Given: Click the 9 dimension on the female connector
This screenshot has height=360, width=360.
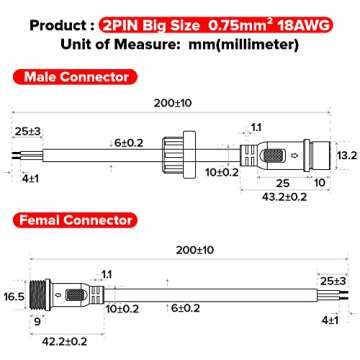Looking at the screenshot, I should [x=36, y=323].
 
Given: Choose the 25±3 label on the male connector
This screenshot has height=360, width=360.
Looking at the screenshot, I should [x=28, y=132].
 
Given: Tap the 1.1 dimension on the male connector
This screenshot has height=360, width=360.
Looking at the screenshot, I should [x=255, y=128].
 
